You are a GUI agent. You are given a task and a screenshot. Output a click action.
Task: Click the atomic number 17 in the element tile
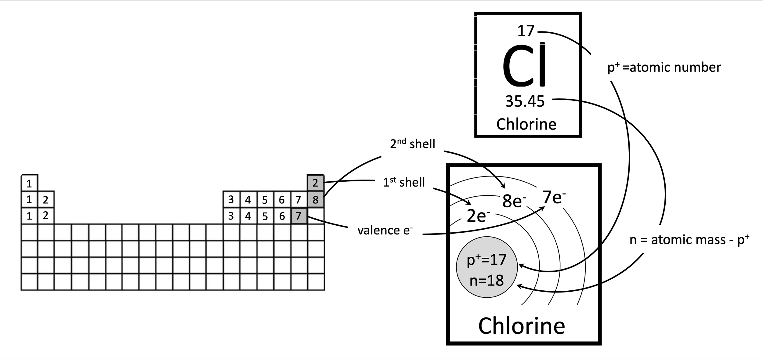(526, 31)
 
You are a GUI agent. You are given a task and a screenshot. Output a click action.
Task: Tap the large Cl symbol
(525, 66)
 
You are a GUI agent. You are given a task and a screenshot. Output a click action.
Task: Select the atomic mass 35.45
(525, 101)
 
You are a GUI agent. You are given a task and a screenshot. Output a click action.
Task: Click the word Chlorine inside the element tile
(526, 124)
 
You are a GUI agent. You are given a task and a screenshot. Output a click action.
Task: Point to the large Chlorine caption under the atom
(522, 326)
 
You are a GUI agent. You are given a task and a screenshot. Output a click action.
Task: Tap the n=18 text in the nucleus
(486, 280)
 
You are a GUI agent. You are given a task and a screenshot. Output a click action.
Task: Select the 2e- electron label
(478, 216)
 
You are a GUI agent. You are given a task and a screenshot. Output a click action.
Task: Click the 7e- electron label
(554, 198)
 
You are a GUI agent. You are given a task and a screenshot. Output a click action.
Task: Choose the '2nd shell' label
(412, 144)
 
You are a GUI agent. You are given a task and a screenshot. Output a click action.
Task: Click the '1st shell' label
(403, 182)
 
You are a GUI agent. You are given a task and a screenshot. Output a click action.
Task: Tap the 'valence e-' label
(385, 230)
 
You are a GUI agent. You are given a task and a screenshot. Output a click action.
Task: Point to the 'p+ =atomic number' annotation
(664, 67)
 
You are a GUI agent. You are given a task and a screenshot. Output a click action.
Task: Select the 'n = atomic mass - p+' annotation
(689, 240)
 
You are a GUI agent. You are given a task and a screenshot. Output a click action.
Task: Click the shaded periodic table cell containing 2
(315, 183)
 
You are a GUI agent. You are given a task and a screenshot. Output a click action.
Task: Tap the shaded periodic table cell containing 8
(315, 200)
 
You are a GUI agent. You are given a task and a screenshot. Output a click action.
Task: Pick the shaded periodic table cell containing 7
(298, 216)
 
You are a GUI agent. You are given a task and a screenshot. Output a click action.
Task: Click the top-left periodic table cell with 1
(29, 184)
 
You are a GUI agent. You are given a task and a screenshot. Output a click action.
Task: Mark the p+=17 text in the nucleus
(486, 260)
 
